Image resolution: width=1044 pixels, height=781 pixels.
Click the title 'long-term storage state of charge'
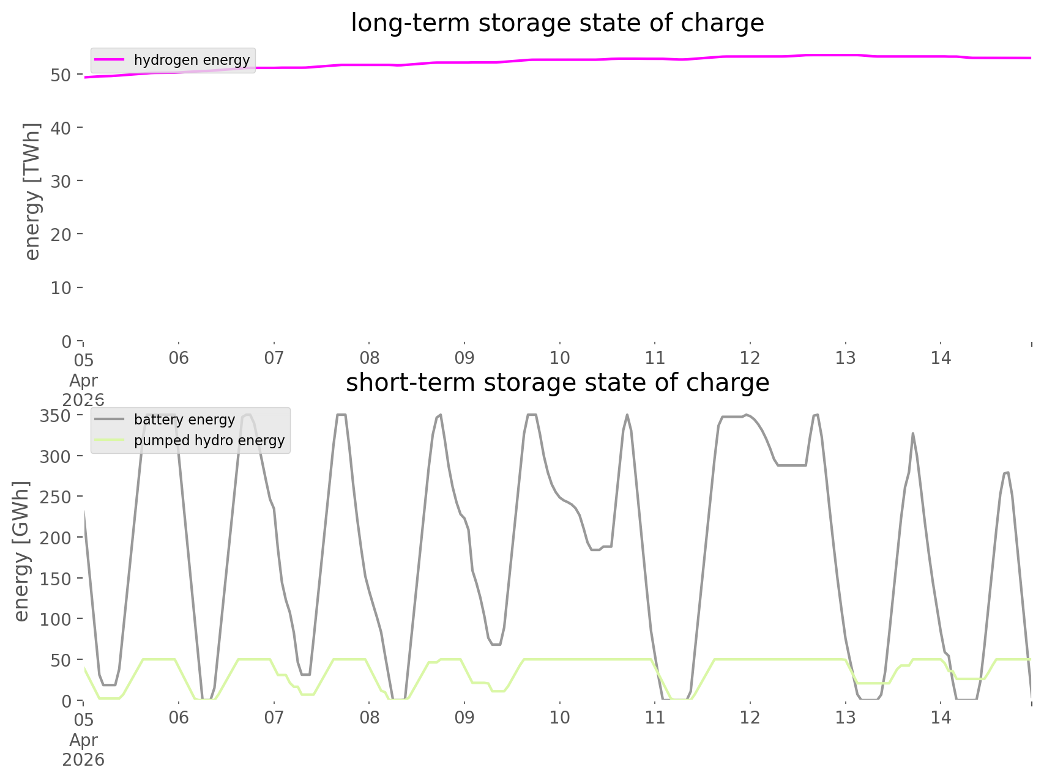557,23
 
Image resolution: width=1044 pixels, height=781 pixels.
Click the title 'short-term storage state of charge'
557,383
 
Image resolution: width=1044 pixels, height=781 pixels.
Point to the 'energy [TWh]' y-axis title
32,191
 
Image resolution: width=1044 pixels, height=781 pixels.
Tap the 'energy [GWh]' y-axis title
21,551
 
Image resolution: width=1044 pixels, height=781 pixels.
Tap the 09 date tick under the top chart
464,358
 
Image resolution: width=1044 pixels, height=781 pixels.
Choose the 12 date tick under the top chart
750,358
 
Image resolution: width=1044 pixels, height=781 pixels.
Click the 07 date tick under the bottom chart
274,717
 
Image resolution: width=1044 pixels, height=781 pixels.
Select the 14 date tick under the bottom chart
941,717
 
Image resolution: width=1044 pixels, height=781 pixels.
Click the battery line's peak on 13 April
912,433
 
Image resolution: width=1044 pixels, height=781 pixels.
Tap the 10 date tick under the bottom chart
559,717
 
